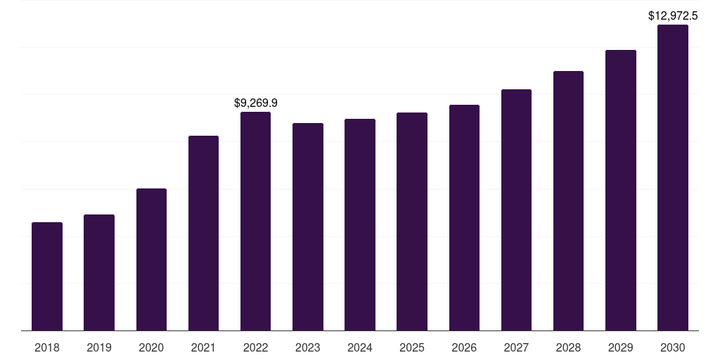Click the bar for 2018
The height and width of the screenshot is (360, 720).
pos(47,276)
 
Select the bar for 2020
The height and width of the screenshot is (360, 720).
pos(151,259)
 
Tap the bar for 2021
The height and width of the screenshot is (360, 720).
pos(203,233)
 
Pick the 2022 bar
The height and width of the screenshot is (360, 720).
pos(256,221)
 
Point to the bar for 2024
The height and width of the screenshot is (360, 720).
pos(360,224)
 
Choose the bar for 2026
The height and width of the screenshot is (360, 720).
pos(464,217)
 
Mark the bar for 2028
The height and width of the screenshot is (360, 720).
pos(568,200)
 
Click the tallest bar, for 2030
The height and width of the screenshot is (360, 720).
pos(673,177)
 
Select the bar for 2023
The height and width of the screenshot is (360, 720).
pos(308,226)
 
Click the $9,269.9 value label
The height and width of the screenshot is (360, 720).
pos(256,103)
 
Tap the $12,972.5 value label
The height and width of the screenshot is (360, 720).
pos(673,15)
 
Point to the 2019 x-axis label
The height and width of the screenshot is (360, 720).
pos(99,347)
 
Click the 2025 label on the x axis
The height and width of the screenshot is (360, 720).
pos(412,347)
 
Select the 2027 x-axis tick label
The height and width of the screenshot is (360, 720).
pos(516,347)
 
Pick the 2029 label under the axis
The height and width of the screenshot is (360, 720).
pos(620,347)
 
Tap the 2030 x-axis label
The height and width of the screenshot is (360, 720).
pos(673,347)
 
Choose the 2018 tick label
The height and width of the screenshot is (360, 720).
pos(47,347)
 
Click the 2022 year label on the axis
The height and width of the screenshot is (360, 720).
pos(256,347)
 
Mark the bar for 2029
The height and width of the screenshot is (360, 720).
pos(620,190)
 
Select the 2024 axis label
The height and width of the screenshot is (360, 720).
pos(360,347)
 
